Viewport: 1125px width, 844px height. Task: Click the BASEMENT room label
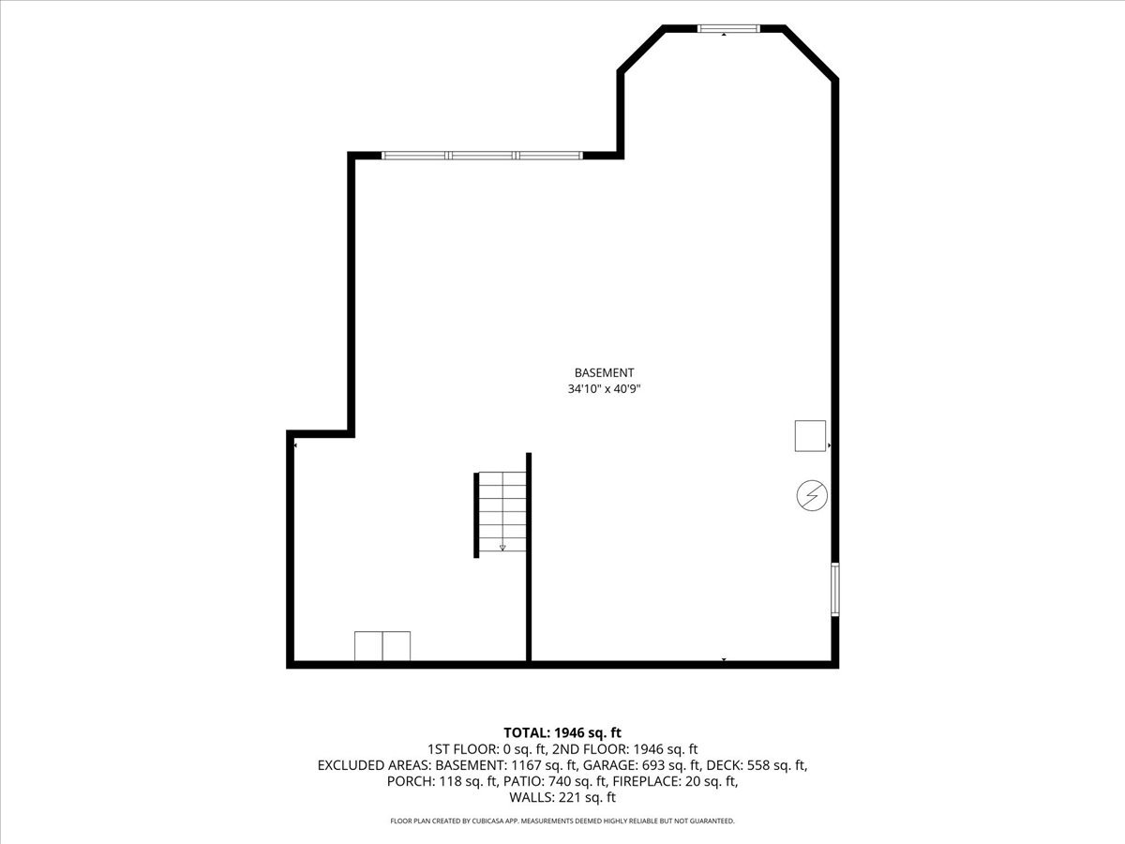pos(604,373)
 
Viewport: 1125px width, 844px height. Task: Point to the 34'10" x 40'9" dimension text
pos(604,389)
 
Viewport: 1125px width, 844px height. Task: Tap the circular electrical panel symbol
pos(812,495)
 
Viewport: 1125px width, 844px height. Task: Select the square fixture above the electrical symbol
pos(810,436)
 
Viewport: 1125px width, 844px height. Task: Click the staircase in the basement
pos(501,514)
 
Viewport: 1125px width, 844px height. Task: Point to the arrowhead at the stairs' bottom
pos(502,548)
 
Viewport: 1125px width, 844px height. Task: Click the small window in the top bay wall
pos(728,29)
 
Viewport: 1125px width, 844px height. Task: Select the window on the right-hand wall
pos(835,589)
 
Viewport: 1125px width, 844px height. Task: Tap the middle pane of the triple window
pos(483,156)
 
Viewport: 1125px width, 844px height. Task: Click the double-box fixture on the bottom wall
pos(382,646)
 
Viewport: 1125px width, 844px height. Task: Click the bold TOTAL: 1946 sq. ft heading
pos(562,732)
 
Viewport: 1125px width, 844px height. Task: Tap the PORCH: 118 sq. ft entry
pos(442,781)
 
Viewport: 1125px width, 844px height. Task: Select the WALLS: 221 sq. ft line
pos(562,797)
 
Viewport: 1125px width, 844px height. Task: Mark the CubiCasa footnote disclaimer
pos(562,821)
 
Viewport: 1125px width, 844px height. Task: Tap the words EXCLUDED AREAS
pos(373,765)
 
